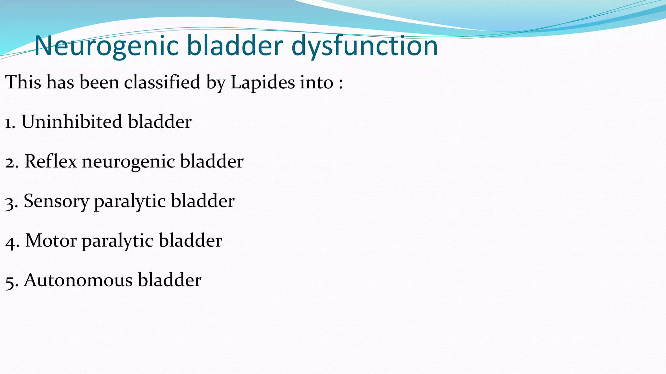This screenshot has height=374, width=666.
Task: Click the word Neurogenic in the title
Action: (106, 46)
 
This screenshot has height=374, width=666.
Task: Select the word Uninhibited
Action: (72, 122)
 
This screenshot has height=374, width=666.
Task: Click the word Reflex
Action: (51, 161)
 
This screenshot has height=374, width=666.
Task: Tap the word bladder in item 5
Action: (169, 280)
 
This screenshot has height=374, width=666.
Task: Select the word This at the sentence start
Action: (23, 82)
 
